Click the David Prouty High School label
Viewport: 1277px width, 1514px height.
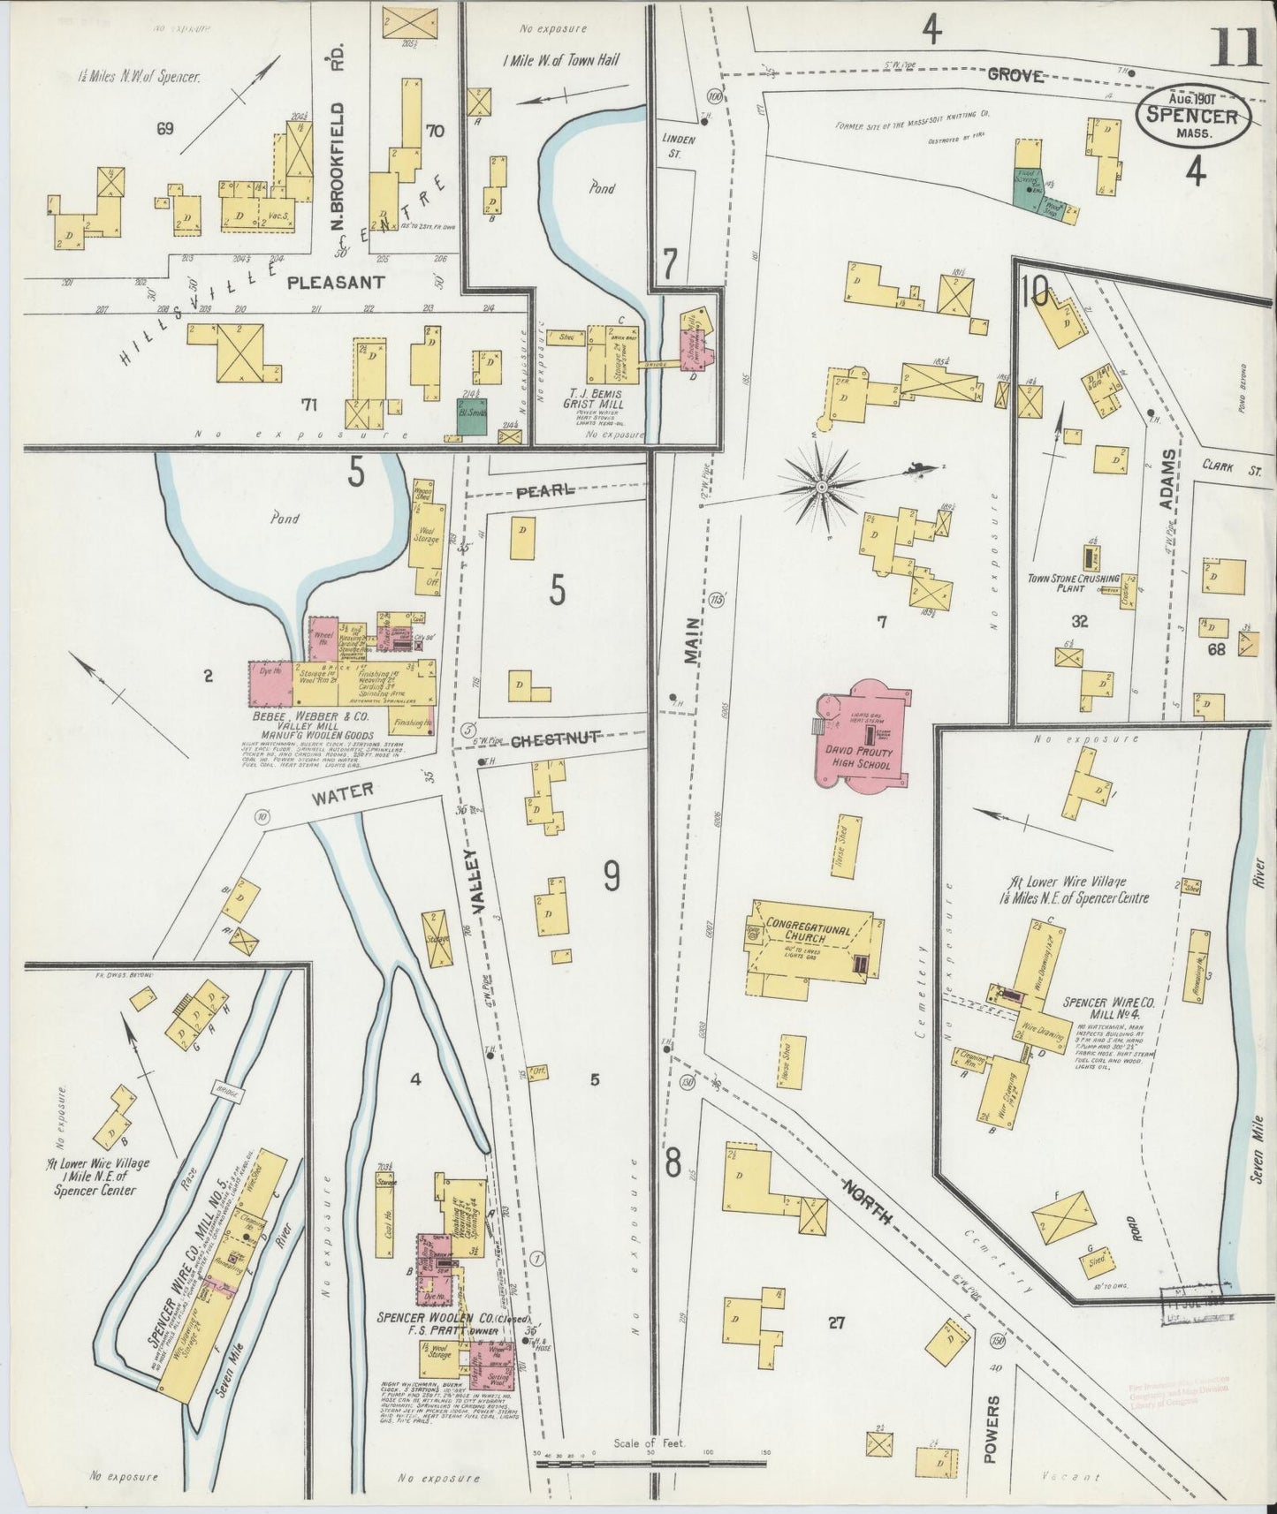[x=859, y=758]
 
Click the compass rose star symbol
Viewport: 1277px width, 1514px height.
[x=823, y=486]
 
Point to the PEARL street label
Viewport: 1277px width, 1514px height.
[x=551, y=490]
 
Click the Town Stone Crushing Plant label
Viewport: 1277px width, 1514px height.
[x=1072, y=584]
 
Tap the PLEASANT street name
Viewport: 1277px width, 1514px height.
[x=337, y=283]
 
